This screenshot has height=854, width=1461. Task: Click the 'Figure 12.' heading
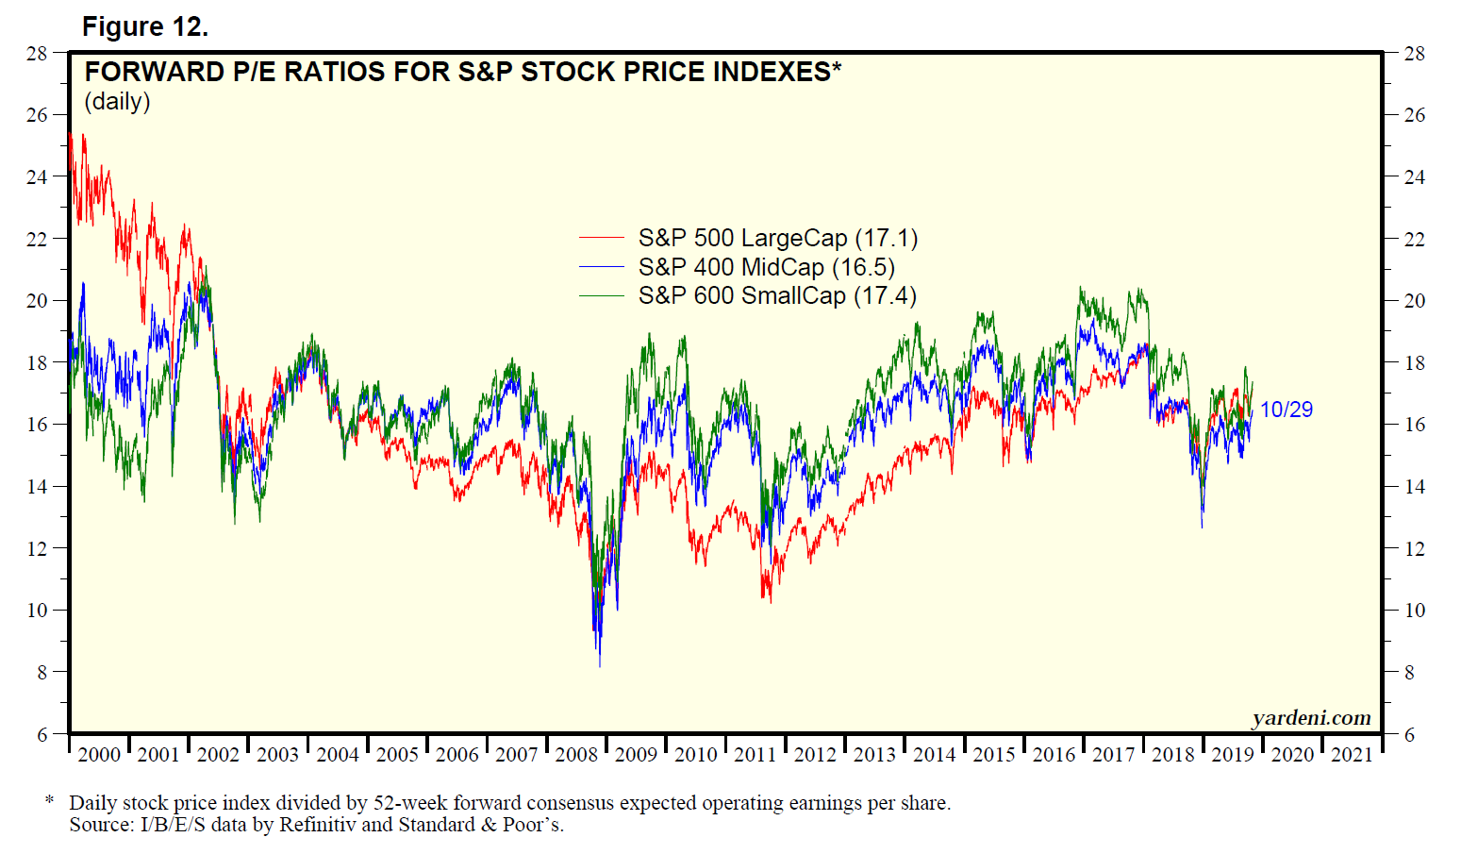coord(145,26)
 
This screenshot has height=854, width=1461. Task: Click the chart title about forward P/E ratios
coord(462,72)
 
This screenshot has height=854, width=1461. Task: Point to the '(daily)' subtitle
coord(118,101)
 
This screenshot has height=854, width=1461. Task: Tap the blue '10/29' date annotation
coord(1287,409)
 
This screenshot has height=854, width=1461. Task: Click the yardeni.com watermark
coord(1311,717)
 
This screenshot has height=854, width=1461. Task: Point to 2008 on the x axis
coord(576,754)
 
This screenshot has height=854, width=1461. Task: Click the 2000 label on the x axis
coord(99,754)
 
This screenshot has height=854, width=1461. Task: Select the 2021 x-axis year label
coord(1352,754)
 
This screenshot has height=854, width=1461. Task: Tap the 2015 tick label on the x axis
coord(994,754)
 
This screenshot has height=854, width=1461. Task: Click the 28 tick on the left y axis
coord(37,53)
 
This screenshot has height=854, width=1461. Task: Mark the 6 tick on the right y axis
coord(1409,734)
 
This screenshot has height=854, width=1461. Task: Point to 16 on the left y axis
coord(37,424)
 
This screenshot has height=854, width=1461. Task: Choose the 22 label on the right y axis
coord(1414,239)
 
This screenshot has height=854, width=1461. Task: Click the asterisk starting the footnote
coord(49,801)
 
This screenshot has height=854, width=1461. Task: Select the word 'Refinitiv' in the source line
coord(317,825)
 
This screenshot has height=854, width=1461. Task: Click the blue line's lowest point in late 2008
coord(600,666)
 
